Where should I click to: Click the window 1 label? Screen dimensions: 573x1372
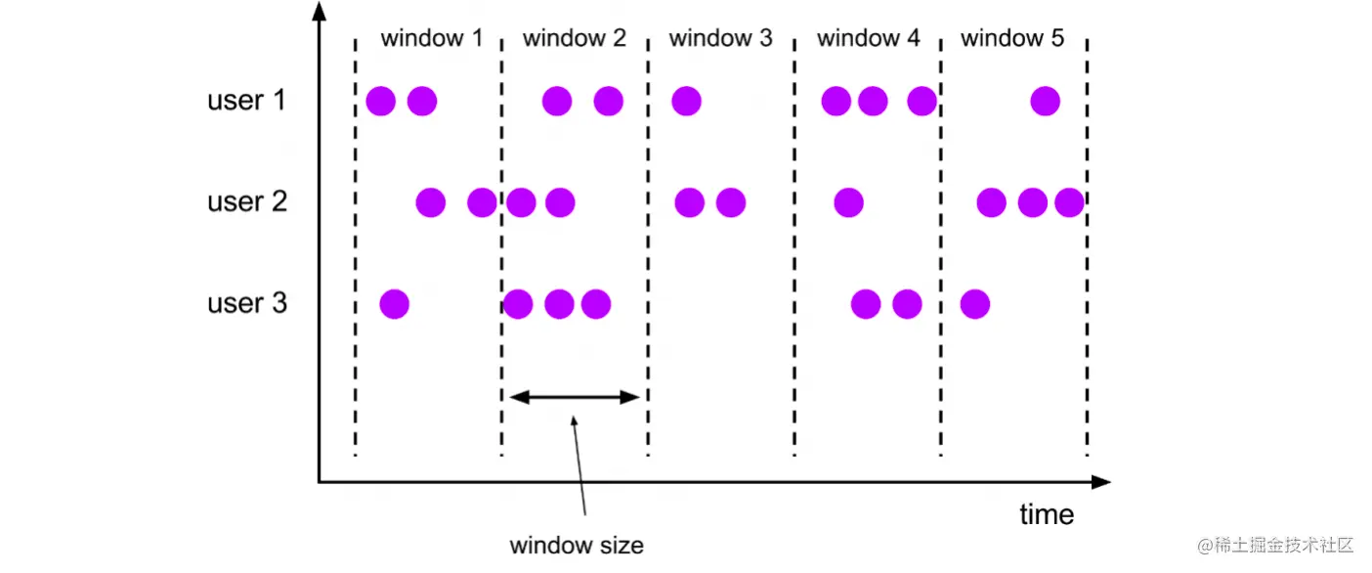pos(431,39)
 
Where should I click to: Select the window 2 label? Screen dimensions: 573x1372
pos(575,39)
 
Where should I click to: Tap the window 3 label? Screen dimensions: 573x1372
pos(720,39)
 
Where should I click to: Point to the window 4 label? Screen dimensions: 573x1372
pos(868,39)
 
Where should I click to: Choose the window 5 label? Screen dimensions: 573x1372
pos(1012,39)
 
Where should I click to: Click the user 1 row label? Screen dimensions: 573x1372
pos(246,101)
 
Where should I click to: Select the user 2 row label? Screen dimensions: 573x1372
pos(246,202)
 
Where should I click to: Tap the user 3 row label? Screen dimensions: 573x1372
pos(246,303)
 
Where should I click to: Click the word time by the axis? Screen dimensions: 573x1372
pos(1047,514)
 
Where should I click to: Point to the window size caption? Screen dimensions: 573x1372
pos(577,545)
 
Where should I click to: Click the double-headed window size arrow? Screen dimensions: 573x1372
pos(575,396)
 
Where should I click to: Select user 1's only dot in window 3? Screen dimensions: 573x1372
pos(686,101)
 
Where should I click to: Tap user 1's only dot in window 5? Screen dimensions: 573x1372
pos(1045,101)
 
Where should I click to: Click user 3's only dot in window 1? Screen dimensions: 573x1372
pos(394,304)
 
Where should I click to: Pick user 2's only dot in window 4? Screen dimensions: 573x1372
pos(848,203)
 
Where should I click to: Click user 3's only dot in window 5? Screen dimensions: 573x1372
pos(975,304)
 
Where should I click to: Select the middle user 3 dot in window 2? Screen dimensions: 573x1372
pos(559,304)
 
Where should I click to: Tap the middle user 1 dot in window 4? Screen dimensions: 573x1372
pos(873,101)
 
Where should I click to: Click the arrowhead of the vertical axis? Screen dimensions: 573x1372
pos(319,12)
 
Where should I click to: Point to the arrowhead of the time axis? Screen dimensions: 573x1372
pos(1101,482)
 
